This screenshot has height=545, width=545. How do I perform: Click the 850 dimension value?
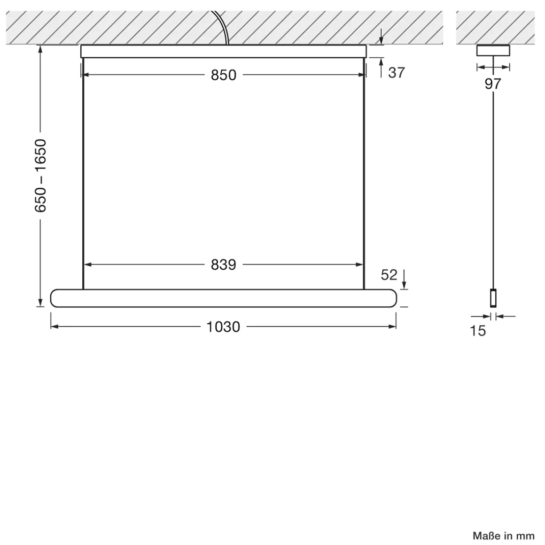click(223, 75)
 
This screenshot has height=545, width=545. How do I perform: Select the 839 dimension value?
click(223, 265)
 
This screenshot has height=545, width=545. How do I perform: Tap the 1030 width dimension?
click(223, 327)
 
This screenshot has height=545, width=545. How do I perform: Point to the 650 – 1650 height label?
click(41, 175)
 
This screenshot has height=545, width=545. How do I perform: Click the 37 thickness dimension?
click(396, 73)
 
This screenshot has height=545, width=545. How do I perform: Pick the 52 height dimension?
click(389, 275)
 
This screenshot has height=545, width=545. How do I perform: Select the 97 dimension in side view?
click(493, 84)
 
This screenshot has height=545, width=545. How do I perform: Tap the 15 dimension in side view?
click(477, 331)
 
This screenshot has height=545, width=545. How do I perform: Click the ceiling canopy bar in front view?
click(223, 51)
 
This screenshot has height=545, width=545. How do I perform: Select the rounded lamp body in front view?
click(223, 298)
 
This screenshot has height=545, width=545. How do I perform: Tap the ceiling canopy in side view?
click(493, 50)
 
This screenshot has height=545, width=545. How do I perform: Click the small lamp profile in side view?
click(493, 298)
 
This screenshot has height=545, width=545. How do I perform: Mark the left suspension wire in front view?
click(83, 174)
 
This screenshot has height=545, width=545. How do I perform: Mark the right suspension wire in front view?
click(364, 174)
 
